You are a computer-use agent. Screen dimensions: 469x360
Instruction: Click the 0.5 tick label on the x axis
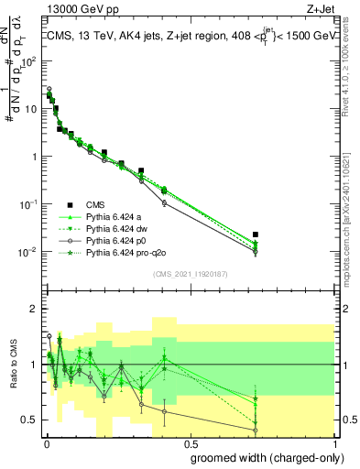tap(189, 443)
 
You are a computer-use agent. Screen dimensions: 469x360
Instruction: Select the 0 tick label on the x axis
tap(47, 443)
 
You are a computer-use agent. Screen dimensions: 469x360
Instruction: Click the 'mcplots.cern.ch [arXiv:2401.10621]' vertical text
tap(351, 212)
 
